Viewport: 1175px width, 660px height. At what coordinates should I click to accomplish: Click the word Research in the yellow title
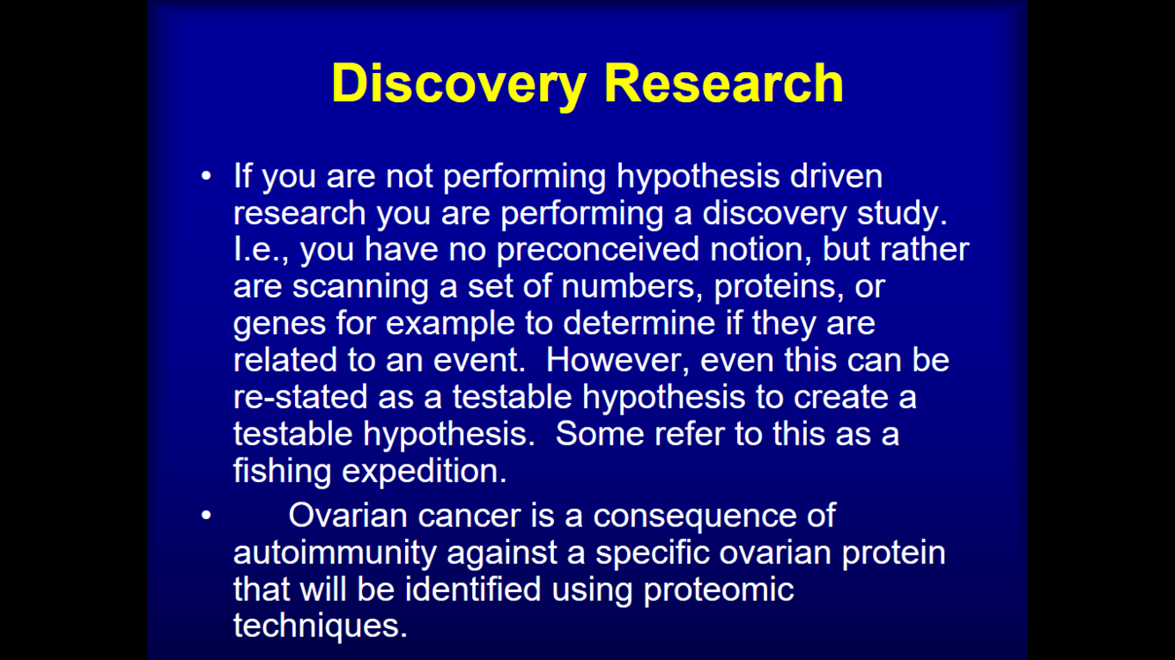click(x=724, y=83)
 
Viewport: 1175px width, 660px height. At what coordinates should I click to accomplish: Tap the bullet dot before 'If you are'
click(x=206, y=176)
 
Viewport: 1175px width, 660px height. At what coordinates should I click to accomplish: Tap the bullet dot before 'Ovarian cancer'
click(x=206, y=516)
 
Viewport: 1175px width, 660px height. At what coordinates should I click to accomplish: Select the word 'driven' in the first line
click(x=836, y=176)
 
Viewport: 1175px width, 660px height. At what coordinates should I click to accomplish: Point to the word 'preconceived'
click(x=597, y=250)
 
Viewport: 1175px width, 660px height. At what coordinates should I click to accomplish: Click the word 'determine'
click(x=639, y=323)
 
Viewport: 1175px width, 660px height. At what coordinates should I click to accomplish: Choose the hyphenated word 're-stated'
click(x=300, y=397)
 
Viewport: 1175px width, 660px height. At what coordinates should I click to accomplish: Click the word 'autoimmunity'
click(x=335, y=554)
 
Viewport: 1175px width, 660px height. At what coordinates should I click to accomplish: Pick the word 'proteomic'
click(x=719, y=590)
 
